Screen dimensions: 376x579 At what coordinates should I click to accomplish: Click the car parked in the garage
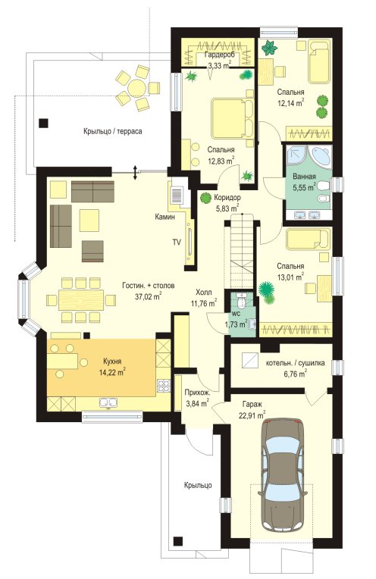(283, 475)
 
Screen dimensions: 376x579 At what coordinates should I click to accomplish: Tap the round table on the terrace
(137, 88)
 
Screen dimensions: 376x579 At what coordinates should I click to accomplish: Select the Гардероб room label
(218, 56)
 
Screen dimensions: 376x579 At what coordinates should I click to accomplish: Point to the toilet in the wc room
(243, 300)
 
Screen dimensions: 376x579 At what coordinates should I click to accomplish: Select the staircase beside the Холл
(240, 254)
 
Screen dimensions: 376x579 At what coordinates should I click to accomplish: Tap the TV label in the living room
(177, 243)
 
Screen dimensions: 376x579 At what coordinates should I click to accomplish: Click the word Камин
(164, 217)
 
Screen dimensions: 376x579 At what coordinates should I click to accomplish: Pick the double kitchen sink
(108, 402)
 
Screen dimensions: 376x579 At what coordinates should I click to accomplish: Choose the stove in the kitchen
(164, 386)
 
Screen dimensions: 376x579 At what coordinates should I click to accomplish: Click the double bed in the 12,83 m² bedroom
(232, 119)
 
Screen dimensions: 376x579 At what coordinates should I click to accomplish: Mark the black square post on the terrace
(43, 123)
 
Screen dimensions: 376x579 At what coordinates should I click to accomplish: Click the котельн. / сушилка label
(295, 363)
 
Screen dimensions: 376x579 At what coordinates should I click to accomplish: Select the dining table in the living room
(82, 300)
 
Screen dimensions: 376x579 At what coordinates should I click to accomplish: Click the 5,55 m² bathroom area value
(304, 187)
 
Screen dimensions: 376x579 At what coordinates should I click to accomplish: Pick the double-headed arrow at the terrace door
(135, 173)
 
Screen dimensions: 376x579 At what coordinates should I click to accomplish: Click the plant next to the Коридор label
(204, 198)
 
